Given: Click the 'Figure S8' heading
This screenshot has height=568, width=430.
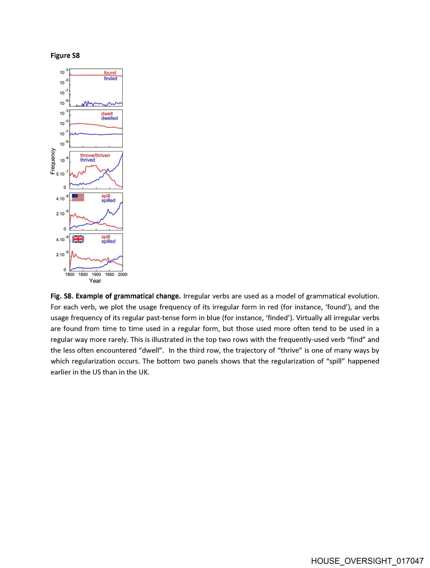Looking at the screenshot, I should tap(65, 56).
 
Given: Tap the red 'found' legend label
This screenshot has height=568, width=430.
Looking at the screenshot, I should tap(110, 73).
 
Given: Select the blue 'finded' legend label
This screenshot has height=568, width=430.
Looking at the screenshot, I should tap(110, 78).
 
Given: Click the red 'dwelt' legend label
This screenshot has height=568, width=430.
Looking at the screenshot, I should tap(107, 114).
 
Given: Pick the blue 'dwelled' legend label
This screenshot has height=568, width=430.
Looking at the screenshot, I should tap(109, 118).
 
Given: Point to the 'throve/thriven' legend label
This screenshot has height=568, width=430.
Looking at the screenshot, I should tap(95, 155).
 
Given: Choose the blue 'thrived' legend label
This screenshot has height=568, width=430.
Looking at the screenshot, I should tap(88, 160).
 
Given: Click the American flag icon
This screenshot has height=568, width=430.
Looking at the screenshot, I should tap(78, 197).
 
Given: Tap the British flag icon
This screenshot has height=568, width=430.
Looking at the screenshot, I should tap(78, 239).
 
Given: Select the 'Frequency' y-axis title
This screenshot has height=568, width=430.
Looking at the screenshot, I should tap(53, 161).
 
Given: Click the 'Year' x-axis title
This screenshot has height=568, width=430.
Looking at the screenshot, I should tap(95, 281).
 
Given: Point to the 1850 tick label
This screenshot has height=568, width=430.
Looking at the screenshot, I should tap(83, 275).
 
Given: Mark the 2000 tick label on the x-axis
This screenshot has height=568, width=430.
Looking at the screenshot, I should tap(123, 275).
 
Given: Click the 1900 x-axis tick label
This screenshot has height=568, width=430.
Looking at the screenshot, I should tap(96, 275).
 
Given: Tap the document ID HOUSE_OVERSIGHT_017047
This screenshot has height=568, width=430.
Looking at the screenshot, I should tap(367, 561).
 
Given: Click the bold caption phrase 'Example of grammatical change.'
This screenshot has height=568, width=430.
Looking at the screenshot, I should tap(128, 296).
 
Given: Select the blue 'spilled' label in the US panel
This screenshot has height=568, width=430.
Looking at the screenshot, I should tap(108, 201).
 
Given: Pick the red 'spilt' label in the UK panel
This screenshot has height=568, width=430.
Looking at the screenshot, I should tap(106, 237).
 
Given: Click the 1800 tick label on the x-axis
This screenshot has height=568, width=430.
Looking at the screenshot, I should tap(70, 275).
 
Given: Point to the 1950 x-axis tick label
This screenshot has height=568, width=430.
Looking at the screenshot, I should tap(109, 275).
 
